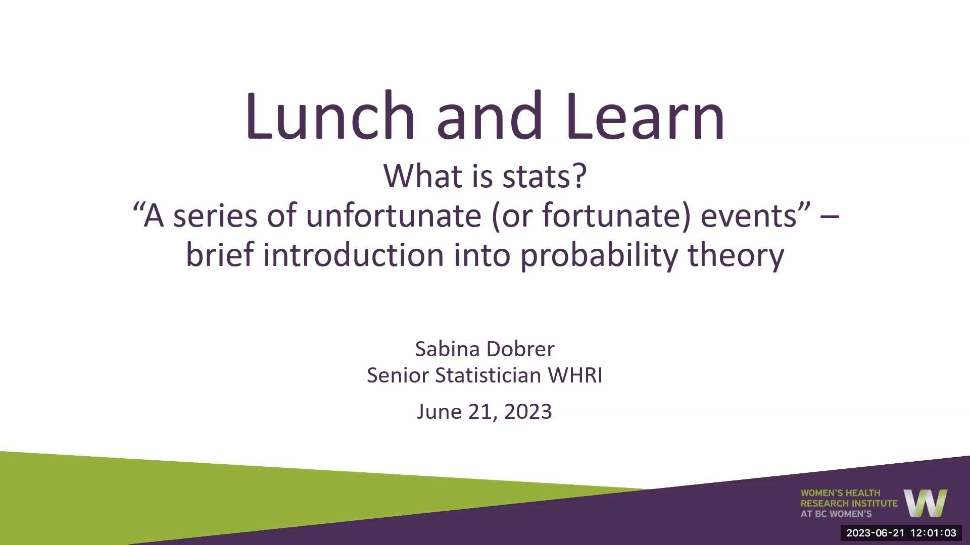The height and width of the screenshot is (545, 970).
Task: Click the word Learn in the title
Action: [645, 116]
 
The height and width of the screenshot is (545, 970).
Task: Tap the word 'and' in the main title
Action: [489, 116]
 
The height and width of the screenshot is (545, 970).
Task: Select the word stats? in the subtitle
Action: [545, 176]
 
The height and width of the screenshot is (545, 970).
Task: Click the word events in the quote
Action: [749, 215]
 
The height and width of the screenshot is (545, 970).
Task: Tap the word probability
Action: [599, 255]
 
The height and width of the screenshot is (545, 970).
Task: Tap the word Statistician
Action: [488, 375]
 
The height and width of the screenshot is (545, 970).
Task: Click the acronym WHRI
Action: [575, 375]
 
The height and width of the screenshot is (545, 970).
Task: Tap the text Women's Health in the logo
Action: [840, 493]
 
